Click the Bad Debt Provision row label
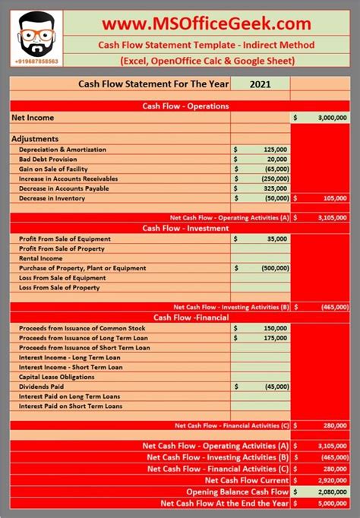coord(50,160)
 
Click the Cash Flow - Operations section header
coord(186,106)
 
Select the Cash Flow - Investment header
coord(186,228)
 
